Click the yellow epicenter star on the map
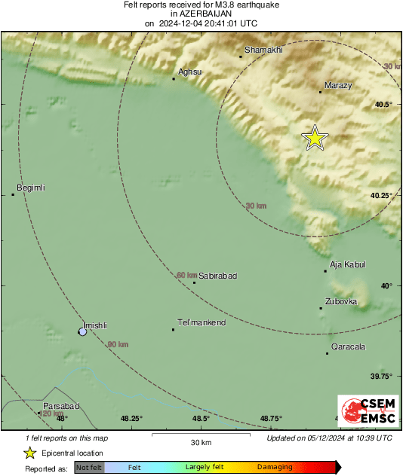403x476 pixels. (x=315, y=138)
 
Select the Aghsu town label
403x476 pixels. (x=189, y=72)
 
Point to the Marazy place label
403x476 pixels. (x=337, y=86)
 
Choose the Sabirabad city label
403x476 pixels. (x=217, y=276)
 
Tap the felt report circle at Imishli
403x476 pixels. (x=83, y=331)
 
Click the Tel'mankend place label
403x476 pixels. (x=201, y=323)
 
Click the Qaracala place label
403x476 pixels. (x=348, y=347)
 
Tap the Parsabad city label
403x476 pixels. (x=60, y=406)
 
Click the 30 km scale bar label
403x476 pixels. (x=200, y=441)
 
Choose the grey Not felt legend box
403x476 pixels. (x=89, y=468)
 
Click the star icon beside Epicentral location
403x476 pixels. (x=30, y=453)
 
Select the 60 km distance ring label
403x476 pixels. (x=186, y=275)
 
